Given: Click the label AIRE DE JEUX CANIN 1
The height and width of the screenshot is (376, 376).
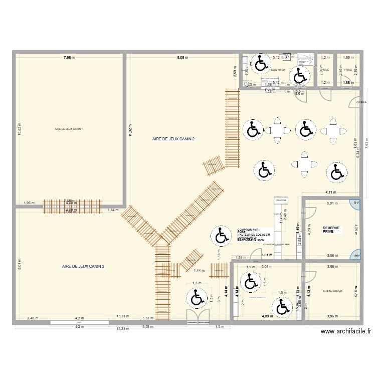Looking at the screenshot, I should click(69, 130).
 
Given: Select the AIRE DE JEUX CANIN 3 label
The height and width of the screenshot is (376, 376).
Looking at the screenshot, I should click(83, 266).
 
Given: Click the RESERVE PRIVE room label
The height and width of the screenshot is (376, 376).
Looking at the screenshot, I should click(331, 230).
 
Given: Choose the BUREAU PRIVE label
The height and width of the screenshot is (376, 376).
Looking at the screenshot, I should click(332, 291).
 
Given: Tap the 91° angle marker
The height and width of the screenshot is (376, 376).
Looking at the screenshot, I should click(356, 203).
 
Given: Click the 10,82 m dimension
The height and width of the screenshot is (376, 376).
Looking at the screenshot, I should click(20, 130).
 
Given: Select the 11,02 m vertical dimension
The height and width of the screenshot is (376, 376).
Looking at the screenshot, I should click(130, 130).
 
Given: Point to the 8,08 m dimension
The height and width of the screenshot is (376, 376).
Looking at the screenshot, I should click(182, 58).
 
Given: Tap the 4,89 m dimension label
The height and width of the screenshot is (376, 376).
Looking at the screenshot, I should click(268, 316).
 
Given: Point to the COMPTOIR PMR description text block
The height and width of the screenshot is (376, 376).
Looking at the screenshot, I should click(253, 234).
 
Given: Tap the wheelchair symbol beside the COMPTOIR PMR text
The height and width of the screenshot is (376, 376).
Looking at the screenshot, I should click(220, 236).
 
